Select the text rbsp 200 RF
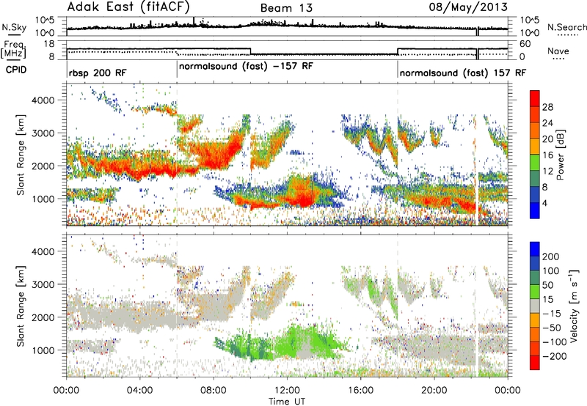click(99, 74)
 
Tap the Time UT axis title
click(286, 401)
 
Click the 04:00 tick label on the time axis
click(139, 389)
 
